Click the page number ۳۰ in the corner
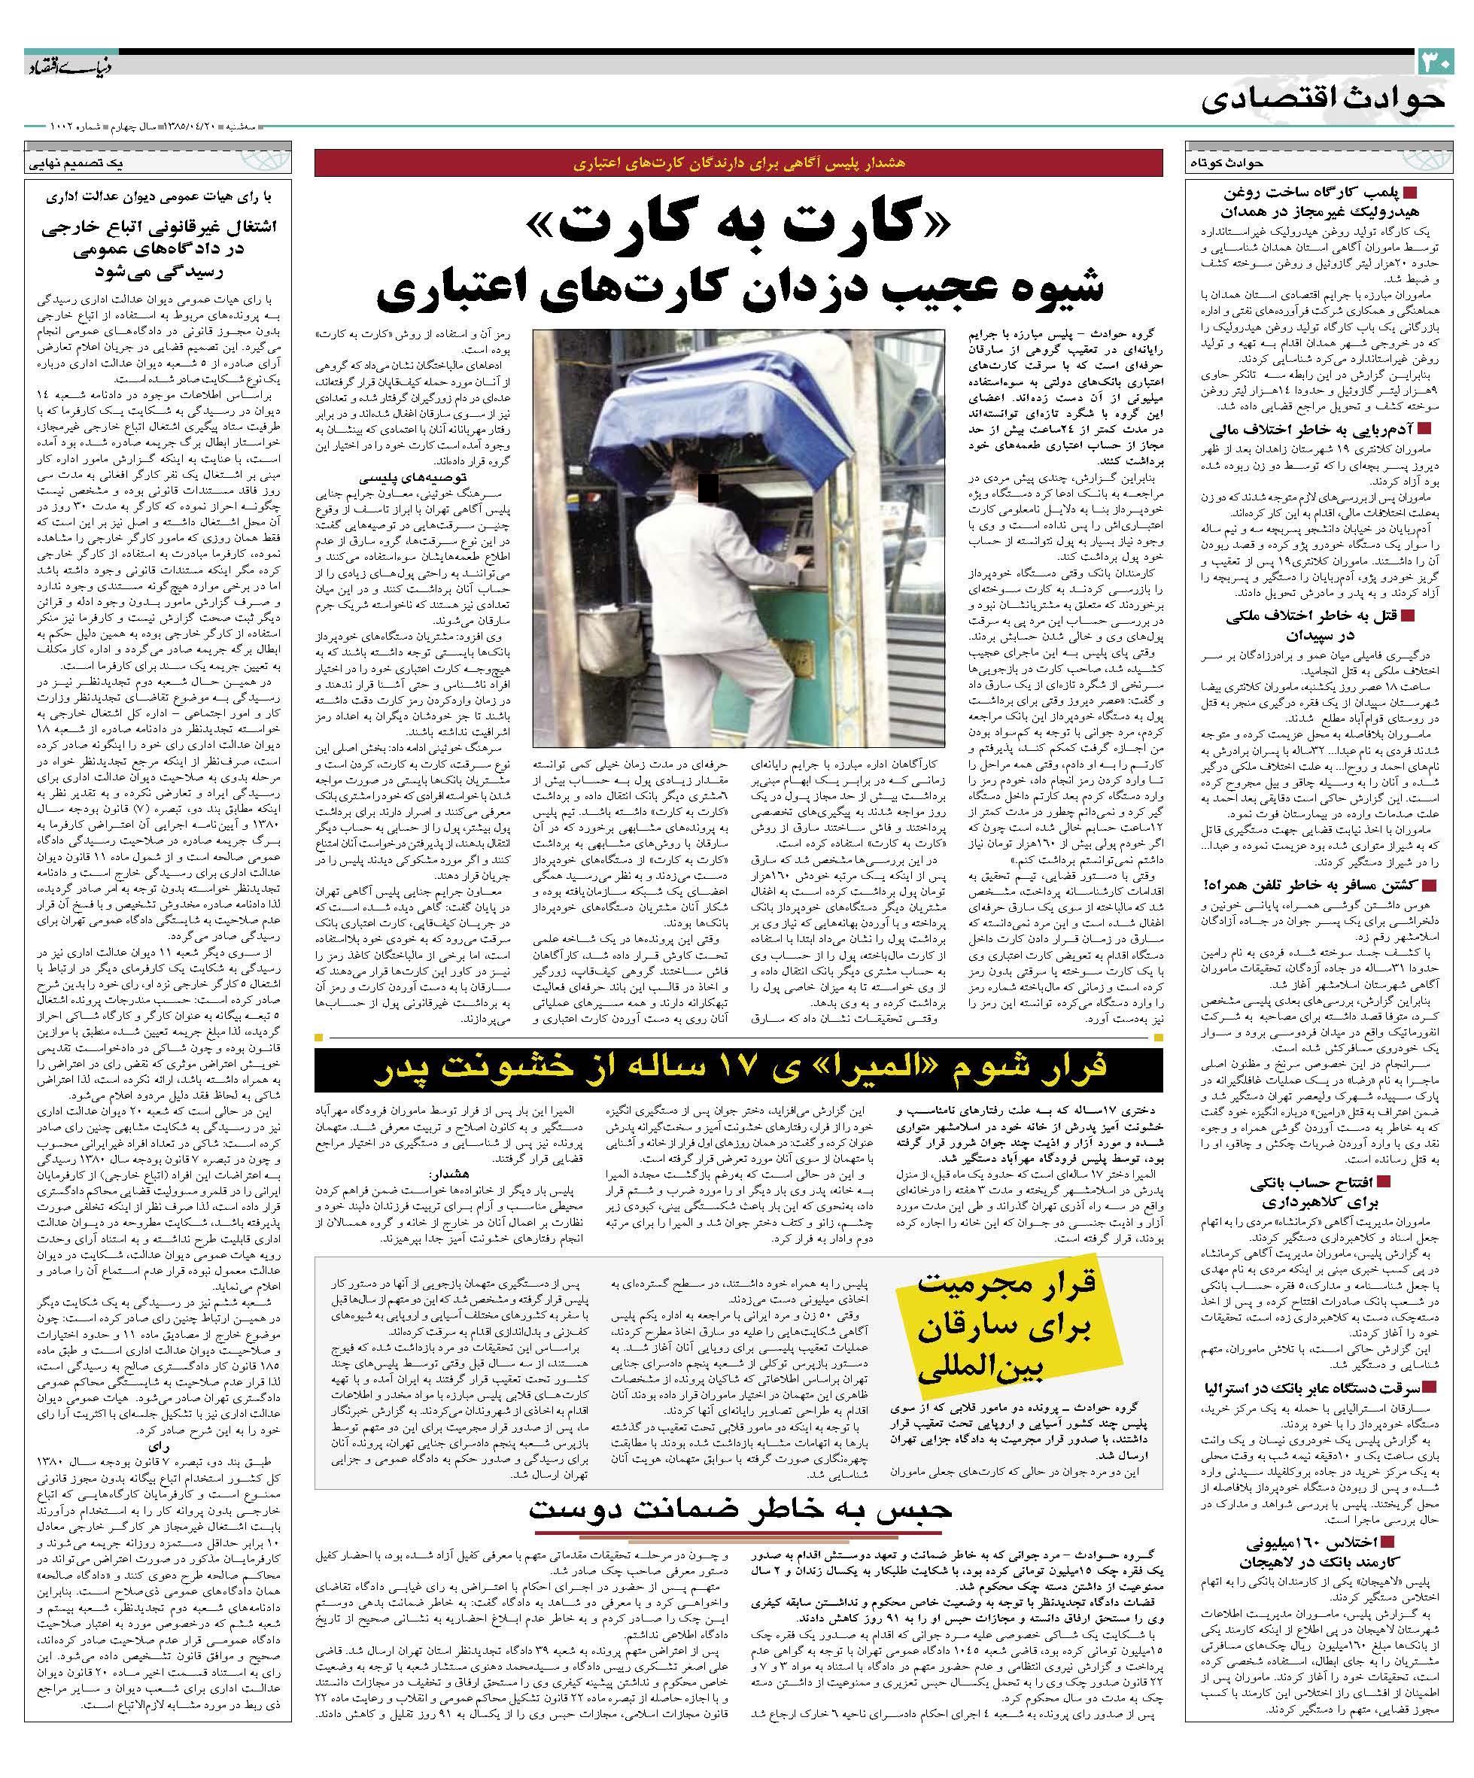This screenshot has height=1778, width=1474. point(1434,62)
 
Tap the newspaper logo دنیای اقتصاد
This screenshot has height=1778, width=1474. point(58,66)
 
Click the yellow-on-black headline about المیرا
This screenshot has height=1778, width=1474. point(738,1069)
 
